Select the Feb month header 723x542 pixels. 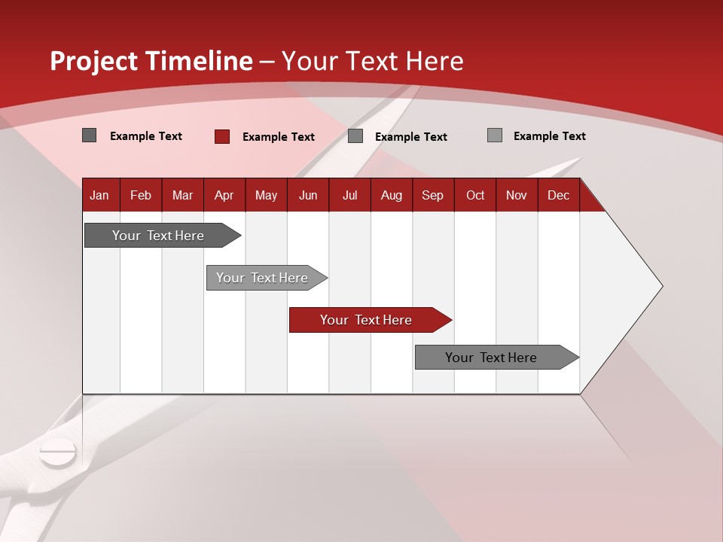click(141, 195)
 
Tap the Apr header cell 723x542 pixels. click(224, 195)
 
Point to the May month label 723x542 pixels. click(266, 195)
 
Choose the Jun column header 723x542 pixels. click(308, 195)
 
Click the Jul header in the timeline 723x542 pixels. click(350, 195)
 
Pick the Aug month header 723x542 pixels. click(392, 195)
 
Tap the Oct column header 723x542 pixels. click(475, 195)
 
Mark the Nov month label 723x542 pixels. click(517, 195)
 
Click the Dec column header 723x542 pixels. click(558, 195)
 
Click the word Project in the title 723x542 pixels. click(93, 61)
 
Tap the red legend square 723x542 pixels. click(222, 136)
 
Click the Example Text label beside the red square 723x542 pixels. click(279, 137)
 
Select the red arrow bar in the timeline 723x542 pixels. click(371, 320)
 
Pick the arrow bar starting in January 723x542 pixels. click(163, 235)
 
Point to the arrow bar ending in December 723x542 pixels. click(497, 357)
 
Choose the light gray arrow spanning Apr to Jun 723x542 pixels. click(267, 278)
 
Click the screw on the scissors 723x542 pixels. click(58, 452)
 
